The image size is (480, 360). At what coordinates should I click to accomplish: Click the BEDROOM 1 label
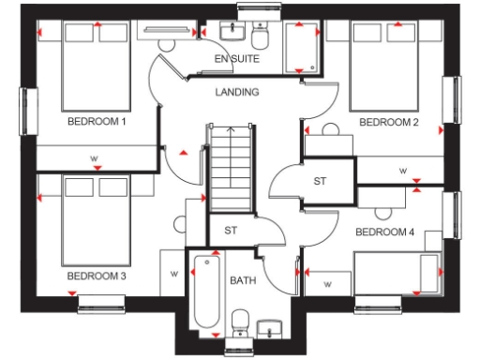[96, 122]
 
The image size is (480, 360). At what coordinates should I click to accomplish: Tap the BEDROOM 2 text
[387, 122]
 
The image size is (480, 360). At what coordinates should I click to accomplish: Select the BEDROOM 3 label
[96, 277]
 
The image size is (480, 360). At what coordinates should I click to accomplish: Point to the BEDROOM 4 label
[385, 232]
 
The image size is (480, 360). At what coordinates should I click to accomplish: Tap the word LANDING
[237, 92]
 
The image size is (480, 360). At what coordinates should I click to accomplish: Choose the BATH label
[243, 280]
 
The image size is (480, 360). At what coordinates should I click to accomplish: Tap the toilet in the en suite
[260, 36]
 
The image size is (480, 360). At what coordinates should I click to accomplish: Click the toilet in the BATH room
[239, 324]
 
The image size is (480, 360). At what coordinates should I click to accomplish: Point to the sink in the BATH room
[270, 329]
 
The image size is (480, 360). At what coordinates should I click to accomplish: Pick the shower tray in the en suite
[300, 45]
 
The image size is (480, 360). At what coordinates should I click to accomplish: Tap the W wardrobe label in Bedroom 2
[402, 172]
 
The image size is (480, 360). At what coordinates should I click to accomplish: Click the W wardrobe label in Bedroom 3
[174, 274]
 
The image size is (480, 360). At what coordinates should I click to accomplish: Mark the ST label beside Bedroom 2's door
[319, 181]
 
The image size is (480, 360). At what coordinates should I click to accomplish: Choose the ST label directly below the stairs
[230, 231]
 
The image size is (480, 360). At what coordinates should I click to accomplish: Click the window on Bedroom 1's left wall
[25, 112]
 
